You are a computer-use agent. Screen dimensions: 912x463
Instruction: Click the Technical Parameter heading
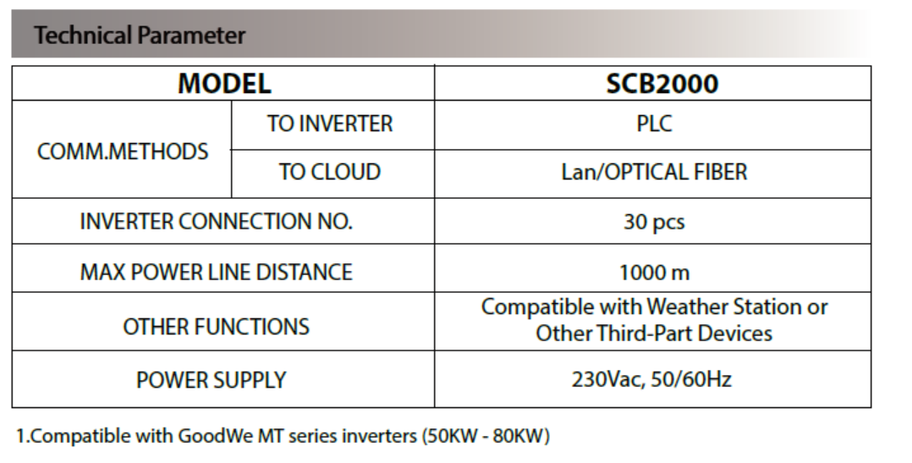click(x=140, y=35)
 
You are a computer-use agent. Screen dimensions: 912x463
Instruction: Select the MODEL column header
click(x=224, y=83)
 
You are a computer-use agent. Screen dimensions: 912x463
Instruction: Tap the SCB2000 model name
click(x=662, y=83)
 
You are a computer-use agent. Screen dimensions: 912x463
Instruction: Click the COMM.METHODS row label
click(x=123, y=152)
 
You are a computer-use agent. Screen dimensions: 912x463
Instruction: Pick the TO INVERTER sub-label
click(x=330, y=124)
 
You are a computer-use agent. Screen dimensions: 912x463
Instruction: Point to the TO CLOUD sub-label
click(x=330, y=172)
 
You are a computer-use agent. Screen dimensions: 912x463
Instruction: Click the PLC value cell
click(x=654, y=124)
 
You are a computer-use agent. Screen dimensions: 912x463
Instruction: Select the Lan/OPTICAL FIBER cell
click(x=654, y=172)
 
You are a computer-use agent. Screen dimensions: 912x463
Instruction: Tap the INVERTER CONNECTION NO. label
click(x=217, y=222)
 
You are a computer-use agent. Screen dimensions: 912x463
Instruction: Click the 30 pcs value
click(x=654, y=223)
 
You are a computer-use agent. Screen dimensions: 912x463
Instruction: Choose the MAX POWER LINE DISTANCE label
click(x=217, y=273)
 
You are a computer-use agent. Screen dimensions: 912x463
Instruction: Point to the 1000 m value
click(x=654, y=273)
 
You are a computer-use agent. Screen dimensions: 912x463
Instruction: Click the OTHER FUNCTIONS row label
click(x=217, y=327)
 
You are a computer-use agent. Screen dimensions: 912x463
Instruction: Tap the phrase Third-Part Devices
click(x=684, y=333)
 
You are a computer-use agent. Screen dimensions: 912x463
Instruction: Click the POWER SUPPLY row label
click(x=212, y=380)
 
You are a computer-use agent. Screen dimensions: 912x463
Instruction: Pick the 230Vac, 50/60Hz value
click(x=651, y=379)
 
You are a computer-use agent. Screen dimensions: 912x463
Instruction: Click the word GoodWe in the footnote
click(x=215, y=436)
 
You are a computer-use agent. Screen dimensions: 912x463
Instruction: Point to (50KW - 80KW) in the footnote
click(x=486, y=436)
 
